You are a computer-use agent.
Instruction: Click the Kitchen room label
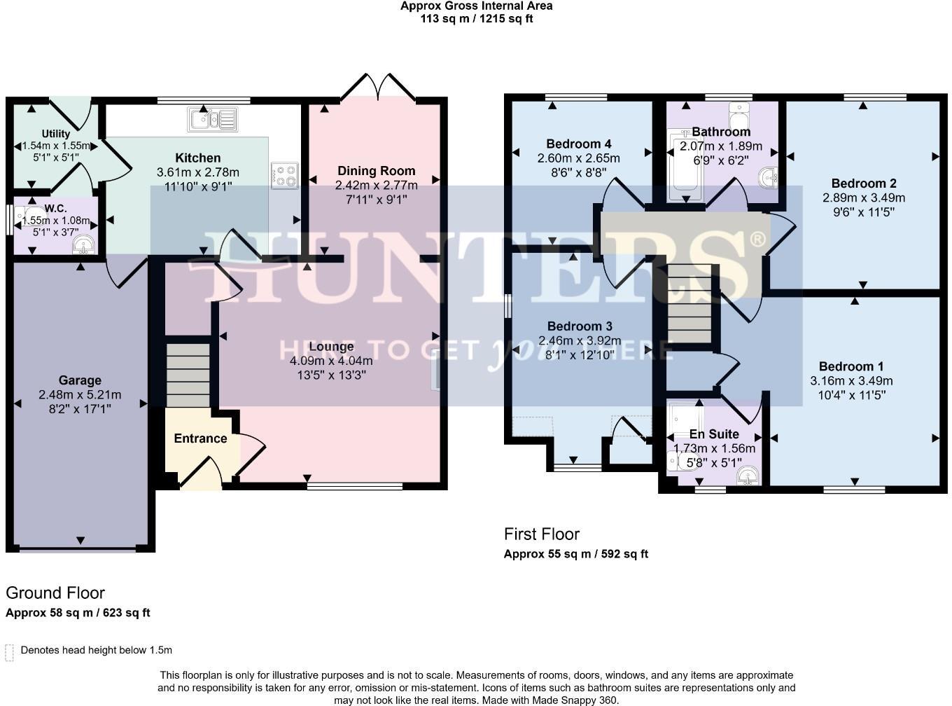(198, 158)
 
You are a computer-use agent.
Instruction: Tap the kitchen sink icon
(212, 119)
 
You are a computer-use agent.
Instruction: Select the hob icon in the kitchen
(284, 175)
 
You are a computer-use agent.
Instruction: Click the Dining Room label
(376, 171)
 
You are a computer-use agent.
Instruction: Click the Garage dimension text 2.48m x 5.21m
(80, 395)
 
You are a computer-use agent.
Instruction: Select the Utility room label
(56, 134)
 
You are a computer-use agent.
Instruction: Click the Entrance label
(200, 438)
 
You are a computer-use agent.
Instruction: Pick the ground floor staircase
(188, 375)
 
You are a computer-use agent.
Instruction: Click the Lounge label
(331, 347)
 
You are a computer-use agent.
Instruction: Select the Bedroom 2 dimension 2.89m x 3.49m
(863, 198)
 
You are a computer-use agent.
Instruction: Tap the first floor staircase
(689, 304)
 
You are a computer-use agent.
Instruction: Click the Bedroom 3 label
(580, 326)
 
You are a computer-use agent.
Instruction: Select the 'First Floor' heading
(542, 534)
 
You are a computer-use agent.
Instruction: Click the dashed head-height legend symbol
(10, 652)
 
